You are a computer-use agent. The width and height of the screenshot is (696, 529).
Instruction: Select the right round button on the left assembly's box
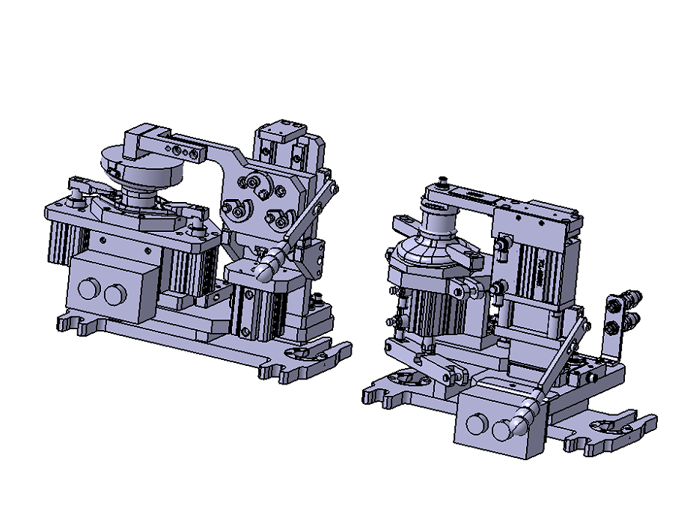[114, 295]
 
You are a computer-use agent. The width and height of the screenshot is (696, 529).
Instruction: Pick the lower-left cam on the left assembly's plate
[236, 212]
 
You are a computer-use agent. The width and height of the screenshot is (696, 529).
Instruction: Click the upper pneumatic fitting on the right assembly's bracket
[634, 298]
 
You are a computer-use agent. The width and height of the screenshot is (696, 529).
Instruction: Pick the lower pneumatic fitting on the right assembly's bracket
[634, 322]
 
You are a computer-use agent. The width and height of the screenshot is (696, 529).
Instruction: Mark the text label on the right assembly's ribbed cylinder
[541, 266]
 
